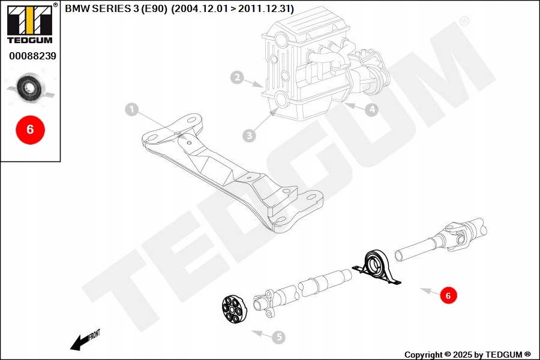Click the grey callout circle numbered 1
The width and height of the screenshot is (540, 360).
[132, 110]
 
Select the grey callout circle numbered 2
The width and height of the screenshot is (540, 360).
[238, 77]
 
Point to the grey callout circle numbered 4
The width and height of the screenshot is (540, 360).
[372, 110]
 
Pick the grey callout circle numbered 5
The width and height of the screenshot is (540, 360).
[278, 338]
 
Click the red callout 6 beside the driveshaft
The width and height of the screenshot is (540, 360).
[448, 295]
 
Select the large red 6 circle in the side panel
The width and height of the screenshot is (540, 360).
[30, 129]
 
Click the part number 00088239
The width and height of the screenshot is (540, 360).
[32, 56]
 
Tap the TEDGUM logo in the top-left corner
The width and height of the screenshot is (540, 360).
[29, 23]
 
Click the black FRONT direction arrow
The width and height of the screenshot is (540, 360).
[81, 341]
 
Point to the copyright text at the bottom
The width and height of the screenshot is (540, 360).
[467, 355]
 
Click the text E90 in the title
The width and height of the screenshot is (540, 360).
[152, 9]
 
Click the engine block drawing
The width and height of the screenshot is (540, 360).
[306, 66]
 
